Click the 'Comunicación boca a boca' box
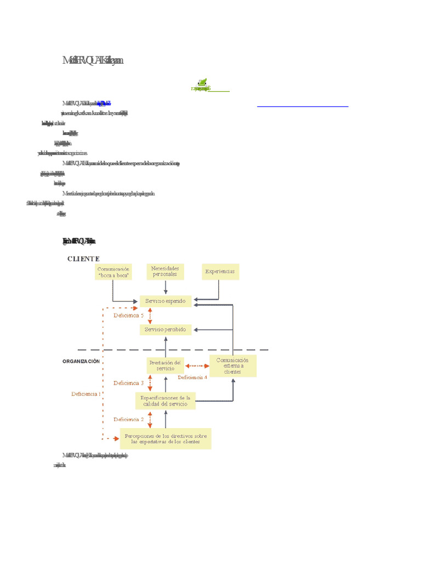coord(113,272)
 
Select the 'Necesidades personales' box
coord(166,271)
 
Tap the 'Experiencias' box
coord(220,272)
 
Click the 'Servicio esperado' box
coord(166,301)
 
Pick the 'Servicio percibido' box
coord(166,330)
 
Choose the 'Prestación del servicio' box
coord(166,366)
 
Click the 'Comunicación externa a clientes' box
coord(233,366)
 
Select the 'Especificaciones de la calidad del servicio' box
coord(165,401)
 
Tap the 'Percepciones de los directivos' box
coord(166,439)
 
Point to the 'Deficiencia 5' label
coord(129,316)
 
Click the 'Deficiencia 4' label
coord(192,378)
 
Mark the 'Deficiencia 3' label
coord(129,383)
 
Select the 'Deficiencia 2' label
coord(129,419)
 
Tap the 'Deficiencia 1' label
coord(86,394)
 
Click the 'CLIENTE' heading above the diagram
coord(83,258)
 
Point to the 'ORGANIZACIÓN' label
coord(81,361)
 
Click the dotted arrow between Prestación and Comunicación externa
coord(197,366)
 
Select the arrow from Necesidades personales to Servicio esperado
coord(166,287)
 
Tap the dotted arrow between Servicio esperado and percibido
coord(150,316)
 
